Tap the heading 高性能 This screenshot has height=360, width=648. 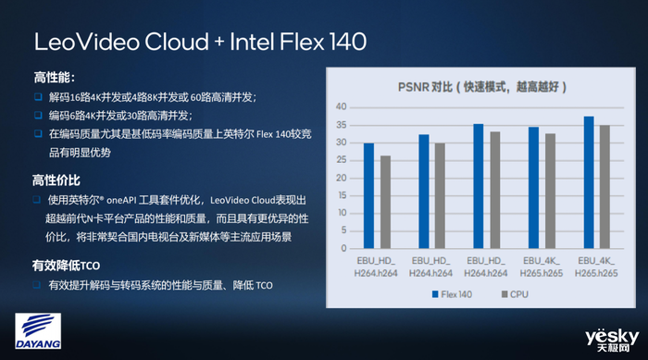(54, 78)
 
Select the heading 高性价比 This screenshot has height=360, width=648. (56, 180)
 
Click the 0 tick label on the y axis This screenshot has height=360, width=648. (343, 248)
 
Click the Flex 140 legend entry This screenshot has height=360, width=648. (448, 293)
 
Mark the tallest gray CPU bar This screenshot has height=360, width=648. (604, 186)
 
